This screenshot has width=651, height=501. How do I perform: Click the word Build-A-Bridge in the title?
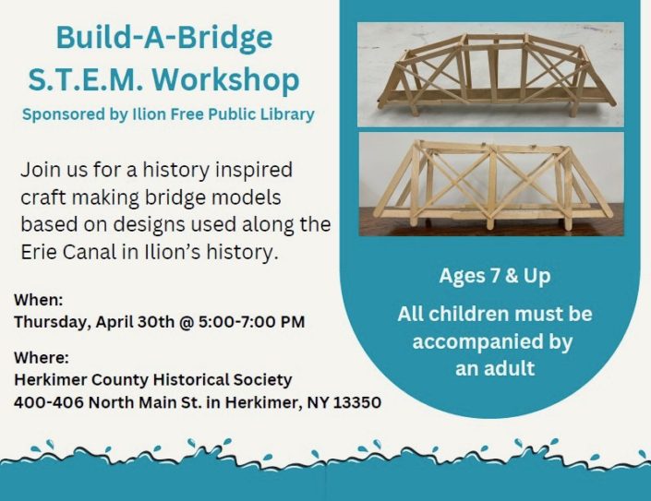click(x=164, y=38)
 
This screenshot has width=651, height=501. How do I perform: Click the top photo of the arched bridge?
click(x=490, y=73)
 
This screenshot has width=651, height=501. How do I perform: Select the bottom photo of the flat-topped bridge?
click(x=490, y=184)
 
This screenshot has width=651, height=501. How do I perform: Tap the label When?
click(x=39, y=301)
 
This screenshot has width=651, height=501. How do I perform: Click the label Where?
click(x=42, y=358)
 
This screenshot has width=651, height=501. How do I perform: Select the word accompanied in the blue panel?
click(x=493, y=341)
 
